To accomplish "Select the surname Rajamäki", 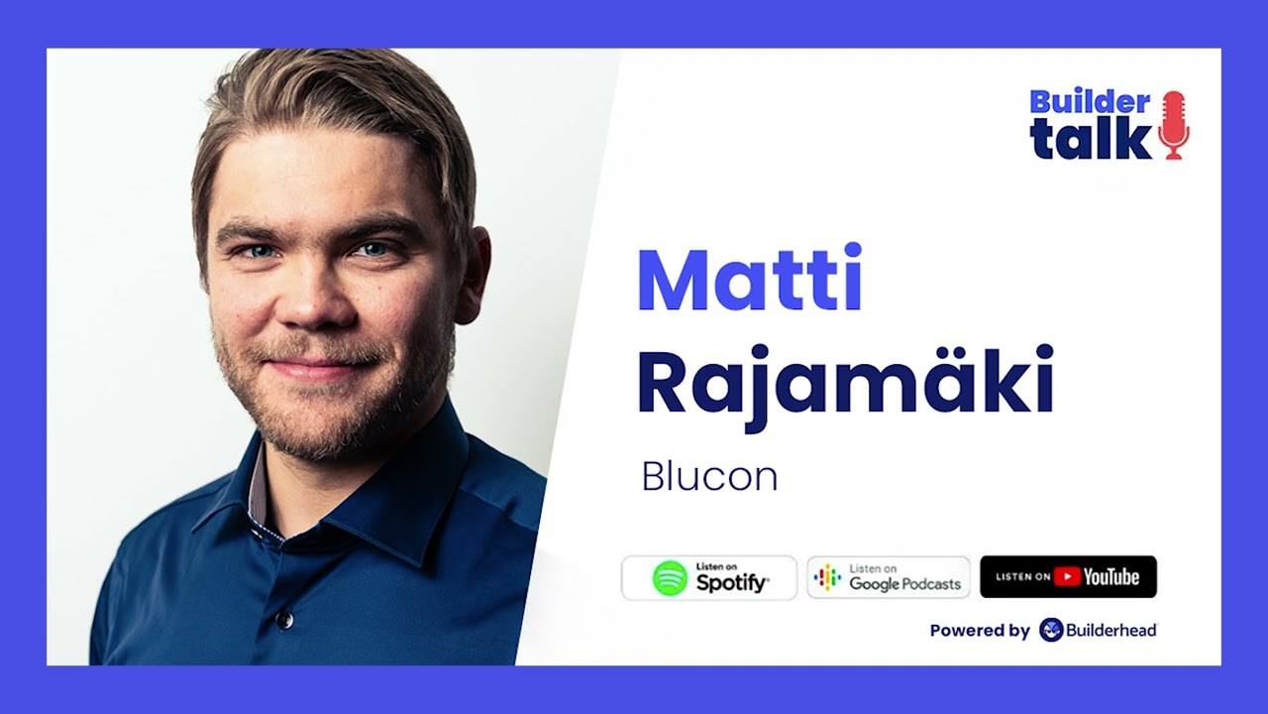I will [x=845, y=384].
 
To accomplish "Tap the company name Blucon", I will [x=709, y=477].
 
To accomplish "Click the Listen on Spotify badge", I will [x=709, y=577].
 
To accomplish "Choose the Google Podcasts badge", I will [x=889, y=577].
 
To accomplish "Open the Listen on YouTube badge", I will [x=1068, y=577].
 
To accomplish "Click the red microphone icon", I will [x=1173, y=125].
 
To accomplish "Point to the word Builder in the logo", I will [x=1090, y=101].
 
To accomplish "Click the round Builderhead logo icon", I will [x=1051, y=630].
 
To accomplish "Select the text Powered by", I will [x=980, y=631].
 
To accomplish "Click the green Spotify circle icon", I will [x=670, y=578].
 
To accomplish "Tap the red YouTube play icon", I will [x=1066, y=577].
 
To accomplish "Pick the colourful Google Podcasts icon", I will [x=826, y=578].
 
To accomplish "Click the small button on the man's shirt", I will [x=285, y=620].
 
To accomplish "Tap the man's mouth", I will [x=310, y=368].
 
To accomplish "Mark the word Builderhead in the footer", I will [x=1110, y=631].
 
